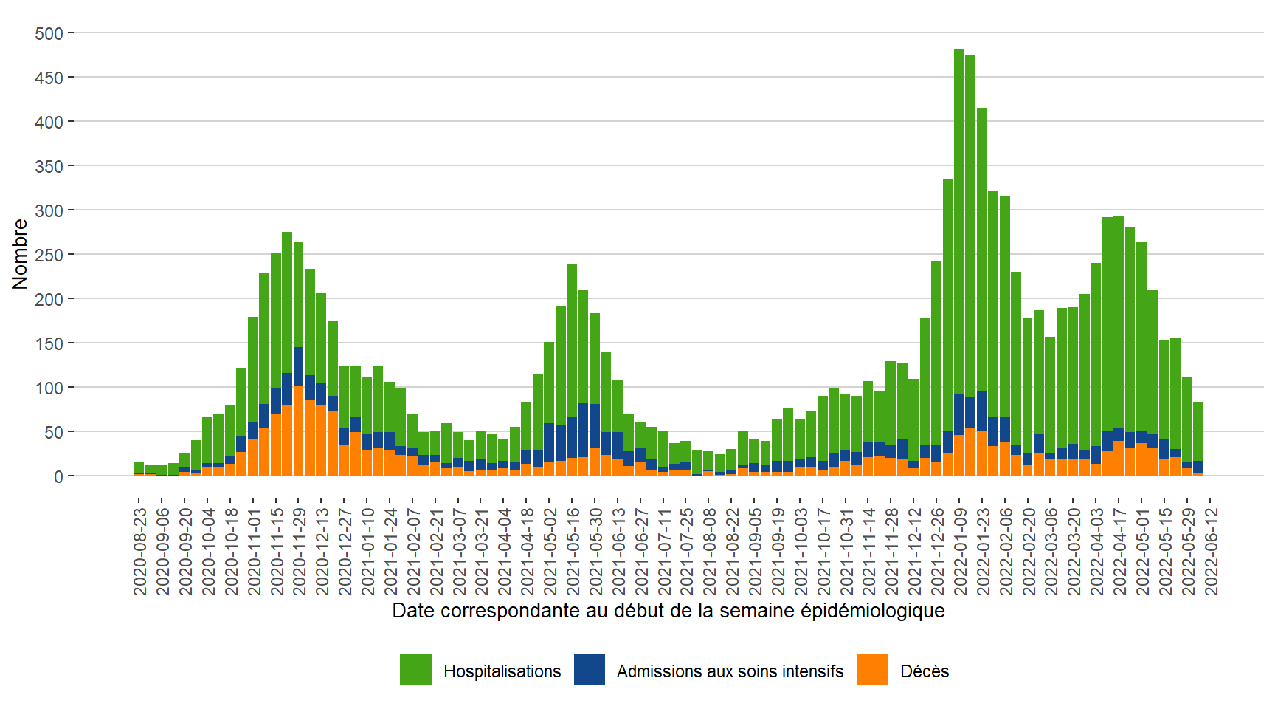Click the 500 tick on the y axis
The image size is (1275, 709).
[49, 33]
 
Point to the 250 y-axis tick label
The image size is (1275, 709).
[49, 255]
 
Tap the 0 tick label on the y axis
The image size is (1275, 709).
[58, 476]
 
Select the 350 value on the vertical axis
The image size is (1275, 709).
[49, 166]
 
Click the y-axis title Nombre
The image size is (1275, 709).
[19, 254]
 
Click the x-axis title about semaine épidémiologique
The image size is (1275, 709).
[668, 611]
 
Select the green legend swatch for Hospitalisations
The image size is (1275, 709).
[415, 670]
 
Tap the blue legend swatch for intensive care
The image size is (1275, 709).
[590, 670]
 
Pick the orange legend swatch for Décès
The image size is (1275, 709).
[871, 670]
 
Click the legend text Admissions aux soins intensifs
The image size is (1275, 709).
[730, 671]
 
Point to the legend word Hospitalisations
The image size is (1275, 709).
[502, 671]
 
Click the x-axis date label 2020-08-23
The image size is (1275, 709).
[140, 550]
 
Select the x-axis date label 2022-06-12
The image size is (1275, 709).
[1211, 550]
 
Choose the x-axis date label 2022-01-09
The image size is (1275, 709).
[960, 550]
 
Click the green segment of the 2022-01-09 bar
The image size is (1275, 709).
[959, 222]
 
